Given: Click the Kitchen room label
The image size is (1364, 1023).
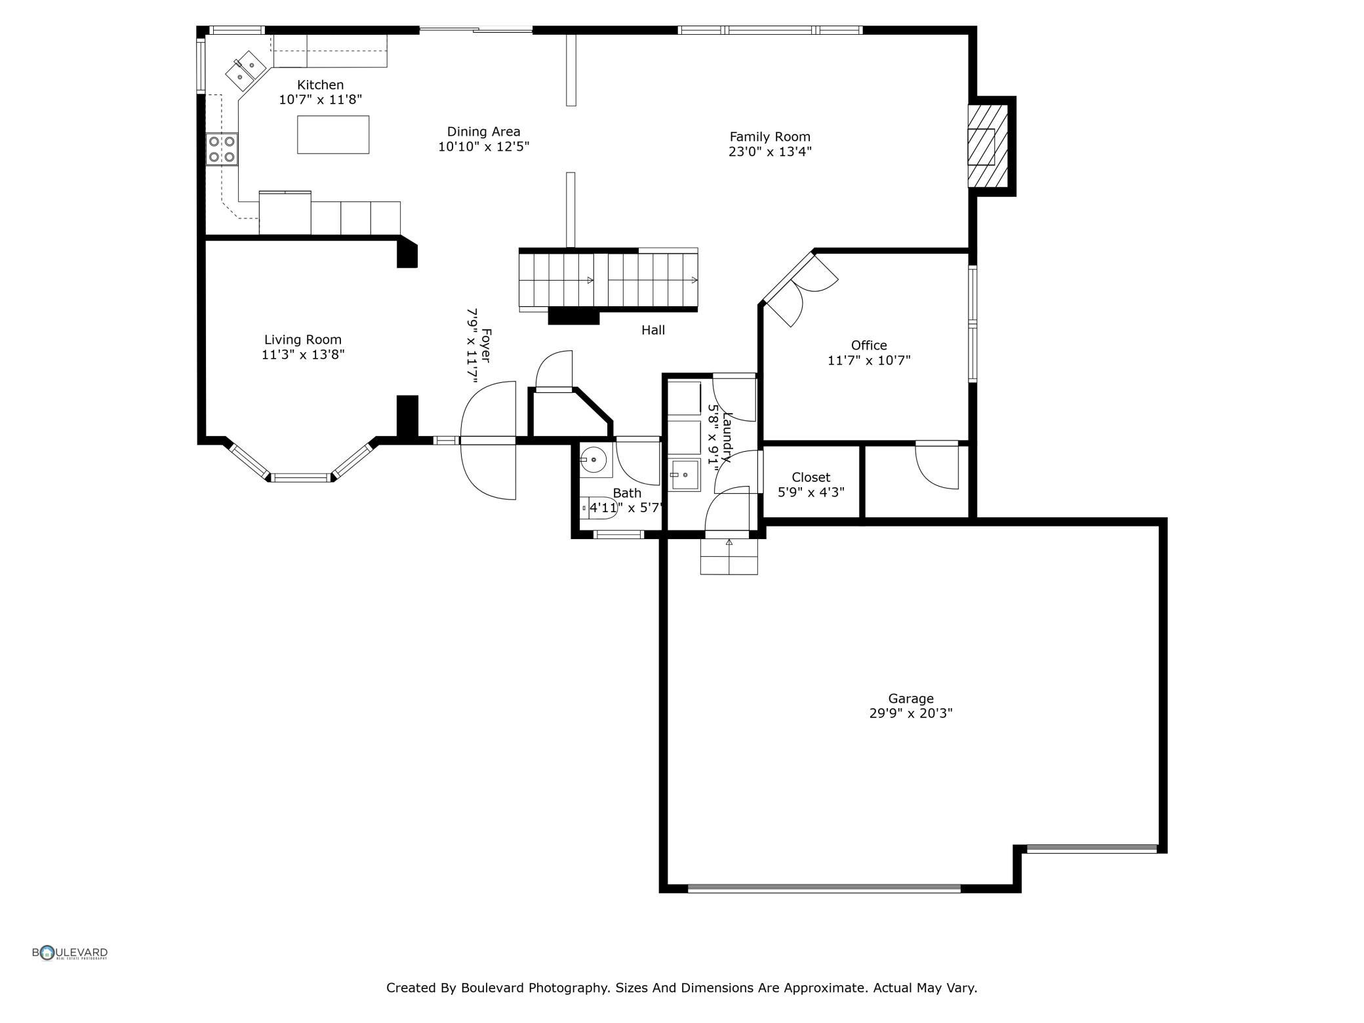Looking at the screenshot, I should pos(320,85).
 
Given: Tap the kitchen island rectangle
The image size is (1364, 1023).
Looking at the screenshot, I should pos(333,134).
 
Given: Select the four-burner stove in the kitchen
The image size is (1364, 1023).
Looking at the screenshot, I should pos(222,149).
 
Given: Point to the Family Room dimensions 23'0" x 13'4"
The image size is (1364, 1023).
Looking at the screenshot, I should pos(770,151).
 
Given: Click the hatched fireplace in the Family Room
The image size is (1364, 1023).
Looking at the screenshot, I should pos(988,146).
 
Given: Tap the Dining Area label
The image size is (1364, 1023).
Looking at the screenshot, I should pos(483,132).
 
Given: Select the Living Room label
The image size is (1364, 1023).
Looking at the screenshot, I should pos(303,340).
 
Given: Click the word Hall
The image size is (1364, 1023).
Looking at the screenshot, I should pos(653,331).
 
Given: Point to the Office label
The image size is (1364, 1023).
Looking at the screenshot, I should pos(869,345).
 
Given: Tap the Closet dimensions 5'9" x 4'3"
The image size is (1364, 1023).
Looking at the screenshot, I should pos(811,492).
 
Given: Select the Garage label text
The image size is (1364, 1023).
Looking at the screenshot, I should pos(911,698).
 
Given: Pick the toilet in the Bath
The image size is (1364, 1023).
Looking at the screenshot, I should pos(599,508).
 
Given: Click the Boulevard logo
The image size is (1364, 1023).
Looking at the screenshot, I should pos(70,953).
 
